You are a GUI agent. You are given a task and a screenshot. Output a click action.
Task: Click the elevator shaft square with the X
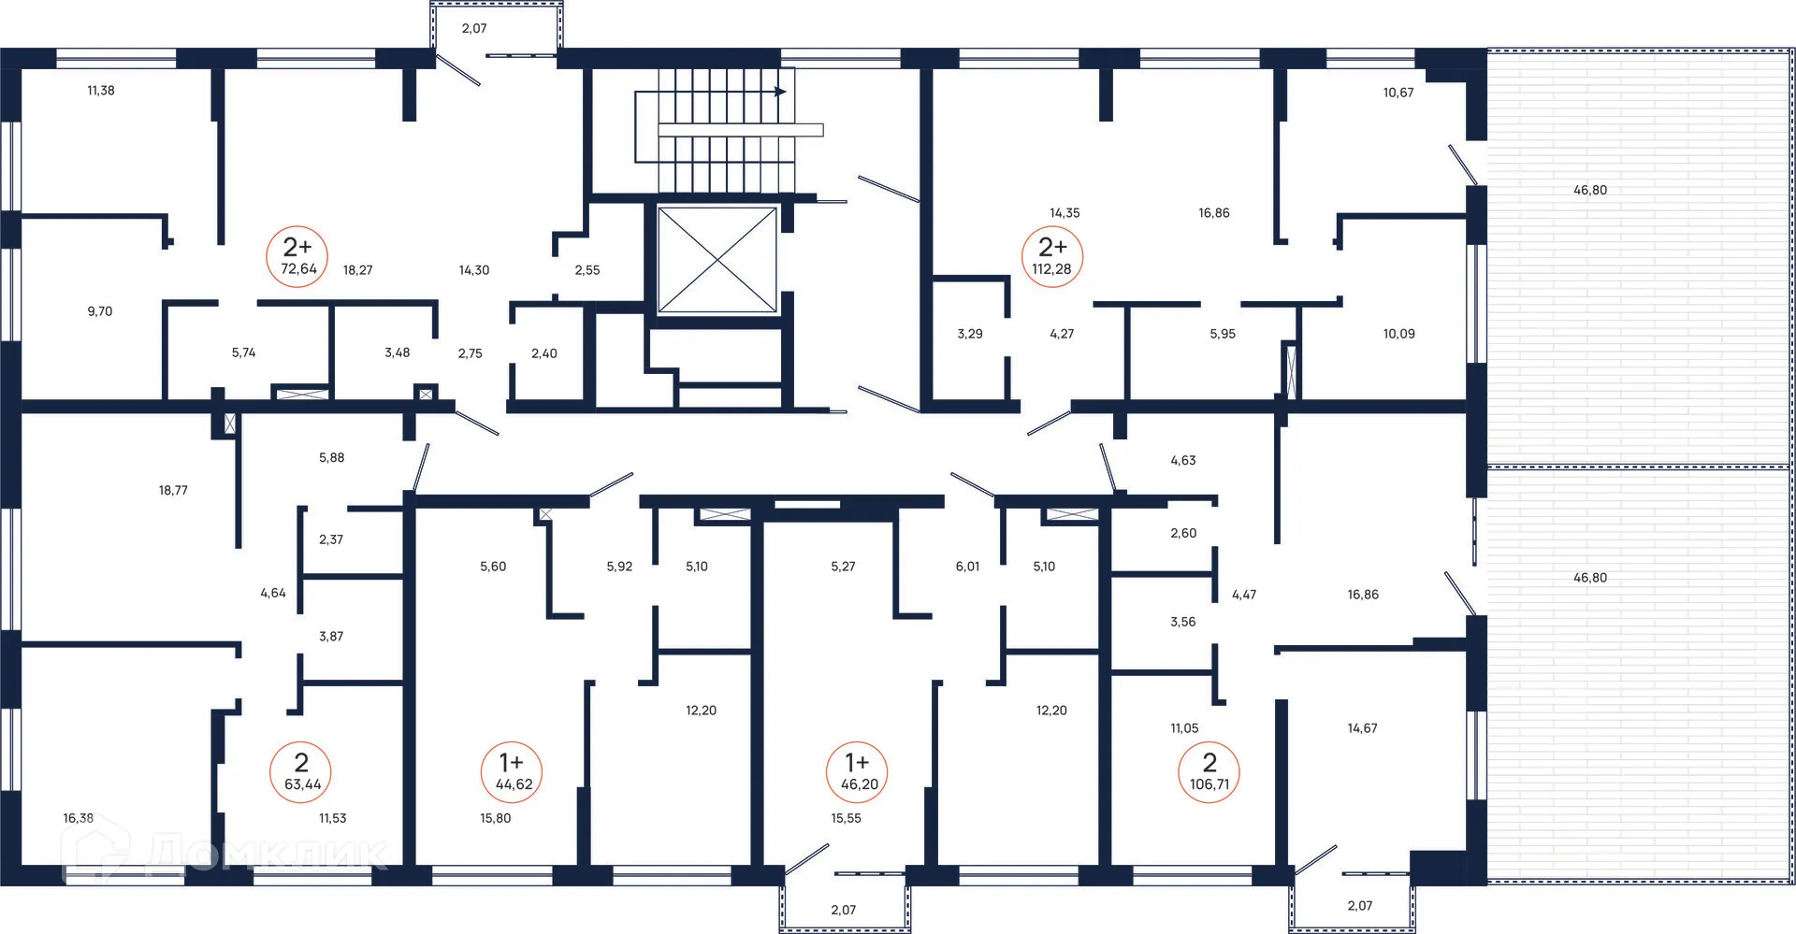coord(717,260)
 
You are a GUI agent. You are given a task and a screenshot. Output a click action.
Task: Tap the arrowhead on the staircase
coord(780,92)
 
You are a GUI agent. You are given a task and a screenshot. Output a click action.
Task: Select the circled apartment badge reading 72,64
coord(298,256)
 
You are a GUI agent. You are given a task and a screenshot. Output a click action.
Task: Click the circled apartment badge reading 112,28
coord(1052,256)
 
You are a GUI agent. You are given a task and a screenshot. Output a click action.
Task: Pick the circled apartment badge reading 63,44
coord(301,771)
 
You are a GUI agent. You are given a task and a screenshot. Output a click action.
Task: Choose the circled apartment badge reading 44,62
coord(513,771)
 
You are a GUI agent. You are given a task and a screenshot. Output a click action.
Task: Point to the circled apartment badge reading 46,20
coord(858,771)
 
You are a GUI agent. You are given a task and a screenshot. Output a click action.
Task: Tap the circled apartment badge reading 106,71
coord(1209,771)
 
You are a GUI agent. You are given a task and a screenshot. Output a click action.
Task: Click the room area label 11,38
coord(101,91)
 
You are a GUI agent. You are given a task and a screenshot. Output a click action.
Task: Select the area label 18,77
coord(173,490)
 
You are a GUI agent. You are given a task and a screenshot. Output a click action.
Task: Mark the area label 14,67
coord(1362,728)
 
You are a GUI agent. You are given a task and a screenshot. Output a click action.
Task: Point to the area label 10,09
coord(1399,334)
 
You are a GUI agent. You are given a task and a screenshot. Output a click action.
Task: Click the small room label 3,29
coord(970,334)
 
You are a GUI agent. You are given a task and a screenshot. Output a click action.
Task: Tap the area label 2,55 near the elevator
coord(587,270)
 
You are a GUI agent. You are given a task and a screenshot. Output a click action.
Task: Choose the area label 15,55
coord(847,818)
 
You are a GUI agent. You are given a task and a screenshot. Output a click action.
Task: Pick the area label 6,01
coord(967,567)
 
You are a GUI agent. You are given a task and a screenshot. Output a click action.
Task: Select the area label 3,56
coord(1183,622)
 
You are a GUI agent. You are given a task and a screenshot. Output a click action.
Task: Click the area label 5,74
coord(244,352)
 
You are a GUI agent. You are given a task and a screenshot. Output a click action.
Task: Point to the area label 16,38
coord(79,818)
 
